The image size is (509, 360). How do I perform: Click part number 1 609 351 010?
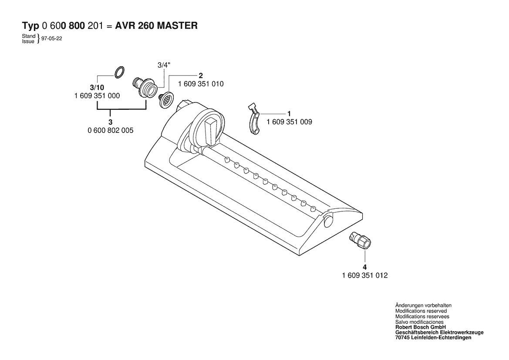point(201,84)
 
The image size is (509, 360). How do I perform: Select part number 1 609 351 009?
point(289,122)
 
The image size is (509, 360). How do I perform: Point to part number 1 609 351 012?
point(365,275)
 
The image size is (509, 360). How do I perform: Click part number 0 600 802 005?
point(110,131)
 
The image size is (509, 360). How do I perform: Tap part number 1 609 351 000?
point(97,96)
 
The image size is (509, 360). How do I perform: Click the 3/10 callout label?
point(97,88)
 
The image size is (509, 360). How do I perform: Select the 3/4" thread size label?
point(164,65)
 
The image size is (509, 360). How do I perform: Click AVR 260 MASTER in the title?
point(156,25)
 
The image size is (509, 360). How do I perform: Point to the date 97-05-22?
point(52,38)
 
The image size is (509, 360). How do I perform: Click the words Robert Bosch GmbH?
point(420,327)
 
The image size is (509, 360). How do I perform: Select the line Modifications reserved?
point(421,311)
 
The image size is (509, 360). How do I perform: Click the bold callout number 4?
point(364,267)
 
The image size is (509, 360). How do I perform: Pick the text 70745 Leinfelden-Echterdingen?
point(433,338)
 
